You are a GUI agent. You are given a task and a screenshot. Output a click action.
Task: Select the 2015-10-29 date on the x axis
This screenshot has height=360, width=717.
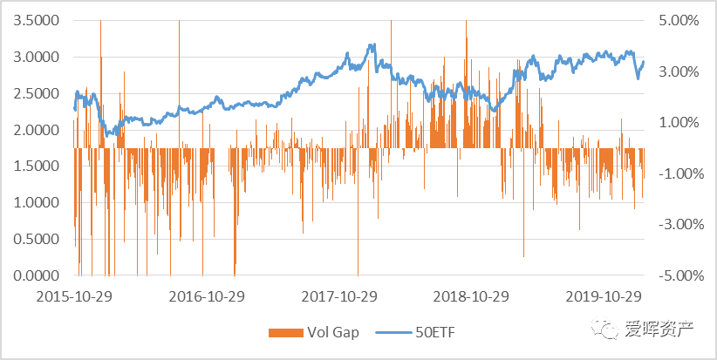coord(74,296)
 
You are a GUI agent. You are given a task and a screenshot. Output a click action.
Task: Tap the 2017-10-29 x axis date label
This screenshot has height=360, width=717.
coord(339,296)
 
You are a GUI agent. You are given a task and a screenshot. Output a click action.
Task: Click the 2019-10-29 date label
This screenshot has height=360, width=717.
coord(603,296)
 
